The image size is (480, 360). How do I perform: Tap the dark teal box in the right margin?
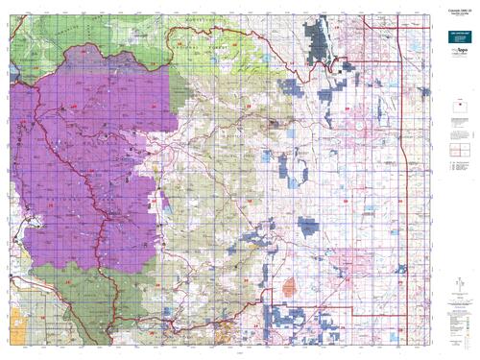point(455,57)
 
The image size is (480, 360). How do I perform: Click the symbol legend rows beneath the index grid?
point(457,177)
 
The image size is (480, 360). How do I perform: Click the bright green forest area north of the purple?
point(192,48)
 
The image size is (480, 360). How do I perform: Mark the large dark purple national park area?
point(86,163)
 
